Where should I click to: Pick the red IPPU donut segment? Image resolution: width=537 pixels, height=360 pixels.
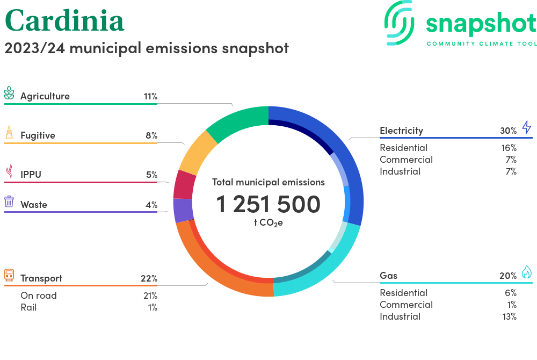184,184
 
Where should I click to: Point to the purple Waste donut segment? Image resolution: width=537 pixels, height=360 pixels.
183,211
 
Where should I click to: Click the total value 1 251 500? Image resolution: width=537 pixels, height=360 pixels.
268,204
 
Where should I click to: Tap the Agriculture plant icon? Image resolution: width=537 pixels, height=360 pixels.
9,94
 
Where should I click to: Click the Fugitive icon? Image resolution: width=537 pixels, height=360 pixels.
9,133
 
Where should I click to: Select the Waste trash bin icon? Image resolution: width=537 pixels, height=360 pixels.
9,202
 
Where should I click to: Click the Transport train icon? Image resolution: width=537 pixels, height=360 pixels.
9,276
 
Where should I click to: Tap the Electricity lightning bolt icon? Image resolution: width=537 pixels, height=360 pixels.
527,127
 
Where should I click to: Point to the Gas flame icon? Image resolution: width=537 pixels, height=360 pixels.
527,272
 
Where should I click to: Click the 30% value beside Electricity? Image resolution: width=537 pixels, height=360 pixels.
508,131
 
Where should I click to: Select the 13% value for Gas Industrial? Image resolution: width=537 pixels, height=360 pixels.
508,316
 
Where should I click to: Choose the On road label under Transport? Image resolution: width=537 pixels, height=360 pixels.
38,296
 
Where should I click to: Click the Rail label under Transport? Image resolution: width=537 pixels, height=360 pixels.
28,307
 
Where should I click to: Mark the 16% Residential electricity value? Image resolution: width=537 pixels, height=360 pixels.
508,148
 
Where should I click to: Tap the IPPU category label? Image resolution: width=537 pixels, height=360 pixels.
31,175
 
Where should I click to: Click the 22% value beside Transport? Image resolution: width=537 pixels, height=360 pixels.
149,278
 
